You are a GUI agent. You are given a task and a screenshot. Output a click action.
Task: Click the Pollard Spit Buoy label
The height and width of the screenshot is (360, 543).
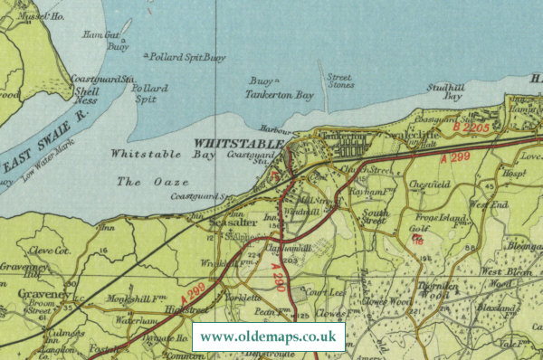187,57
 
